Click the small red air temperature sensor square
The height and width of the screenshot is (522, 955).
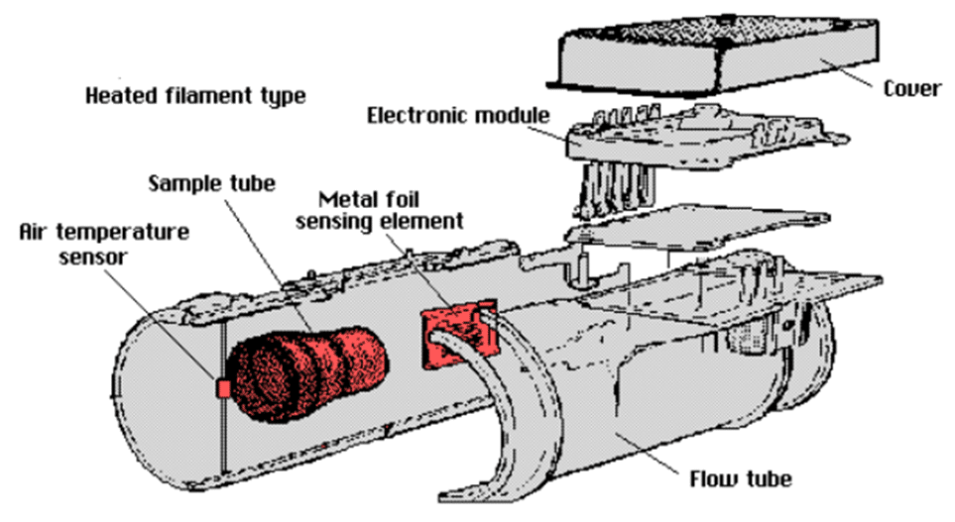223,388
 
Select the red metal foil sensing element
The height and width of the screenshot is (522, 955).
458,336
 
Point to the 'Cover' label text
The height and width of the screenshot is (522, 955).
912,89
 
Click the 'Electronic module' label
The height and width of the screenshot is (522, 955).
458,116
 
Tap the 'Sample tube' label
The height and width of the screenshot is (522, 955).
212,183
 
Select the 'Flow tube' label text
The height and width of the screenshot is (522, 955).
741,478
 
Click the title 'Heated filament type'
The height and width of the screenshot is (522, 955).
195,96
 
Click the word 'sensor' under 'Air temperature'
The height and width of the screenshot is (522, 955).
92,257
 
